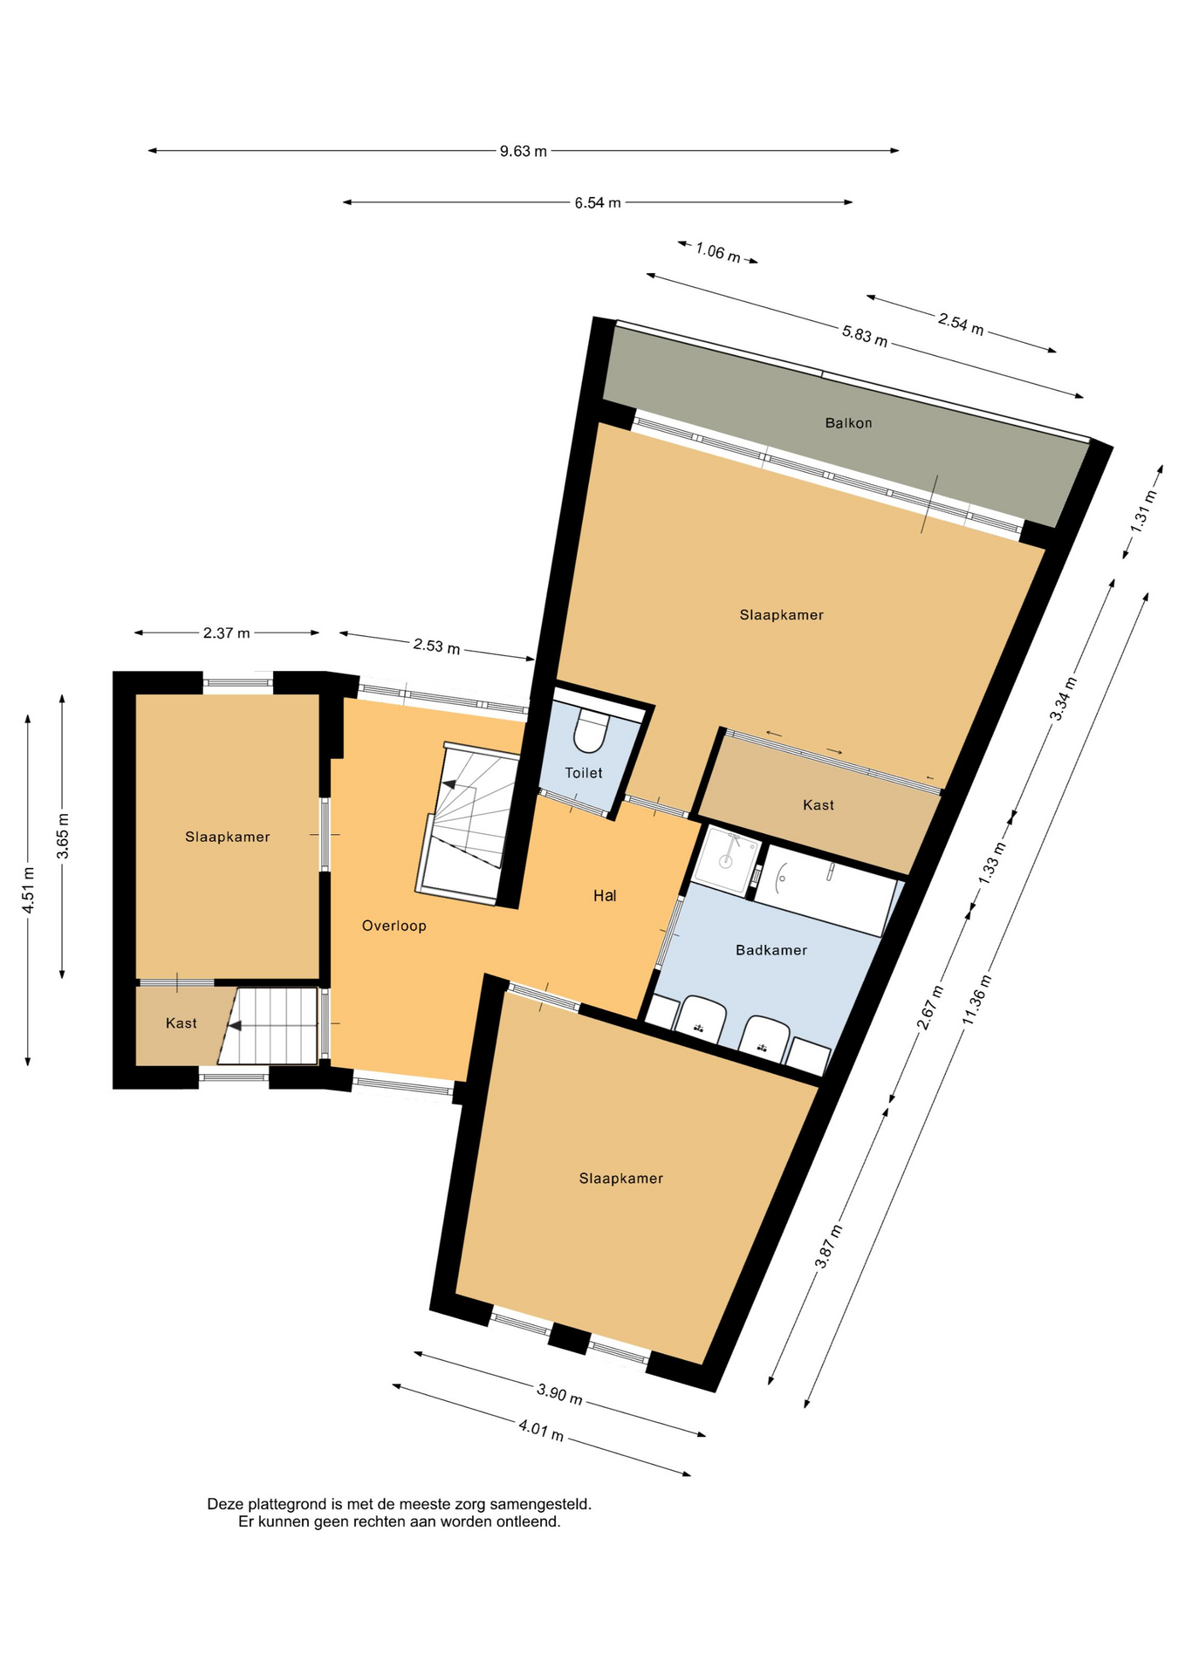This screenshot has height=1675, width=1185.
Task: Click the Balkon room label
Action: click(x=848, y=423)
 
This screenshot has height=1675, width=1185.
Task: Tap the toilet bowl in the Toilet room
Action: click(x=591, y=731)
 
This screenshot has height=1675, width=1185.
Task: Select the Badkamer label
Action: click(x=771, y=950)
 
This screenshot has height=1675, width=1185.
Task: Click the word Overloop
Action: click(x=394, y=926)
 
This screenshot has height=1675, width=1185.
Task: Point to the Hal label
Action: click(x=605, y=895)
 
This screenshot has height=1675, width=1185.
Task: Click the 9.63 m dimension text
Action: click(x=524, y=151)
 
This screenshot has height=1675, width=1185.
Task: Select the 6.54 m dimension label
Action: click(x=598, y=202)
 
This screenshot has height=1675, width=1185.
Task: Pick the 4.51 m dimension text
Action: click(x=28, y=891)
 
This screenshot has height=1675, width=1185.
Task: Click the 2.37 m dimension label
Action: click(x=227, y=633)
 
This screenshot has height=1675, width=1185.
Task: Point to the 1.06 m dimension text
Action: click(x=718, y=252)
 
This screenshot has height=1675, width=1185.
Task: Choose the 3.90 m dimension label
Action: click(x=559, y=1394)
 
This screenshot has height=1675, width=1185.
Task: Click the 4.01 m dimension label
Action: click(x=541, y=1431)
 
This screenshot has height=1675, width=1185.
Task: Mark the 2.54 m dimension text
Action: click(x=961, y=323)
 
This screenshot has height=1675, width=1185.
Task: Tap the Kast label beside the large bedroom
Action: click(x=819, y=805)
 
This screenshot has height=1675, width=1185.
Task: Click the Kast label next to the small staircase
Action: click(x=182, y=1023)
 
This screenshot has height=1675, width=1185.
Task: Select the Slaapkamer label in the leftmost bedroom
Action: click(x=228, y=837)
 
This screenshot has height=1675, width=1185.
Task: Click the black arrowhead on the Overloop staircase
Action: click(x=449, y=784)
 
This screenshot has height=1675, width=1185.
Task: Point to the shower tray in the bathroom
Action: click(x=726, y=860)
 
